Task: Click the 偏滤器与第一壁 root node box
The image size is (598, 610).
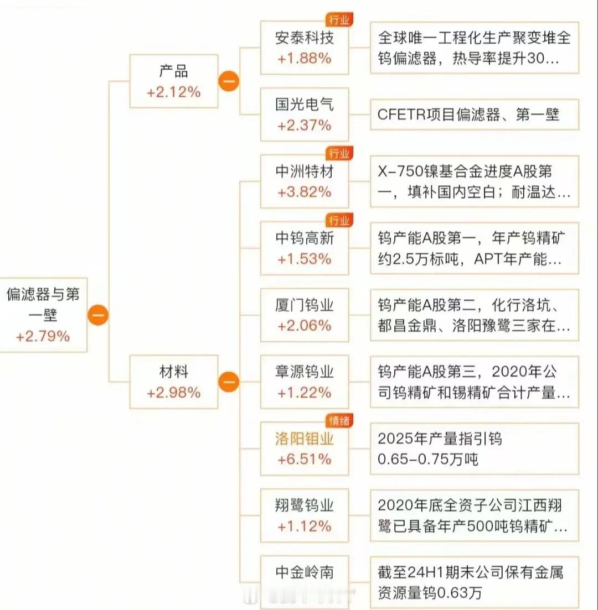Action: coord(43,314)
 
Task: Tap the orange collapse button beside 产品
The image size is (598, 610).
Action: coord(229,82)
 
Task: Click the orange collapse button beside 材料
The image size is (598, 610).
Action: coord(229,382)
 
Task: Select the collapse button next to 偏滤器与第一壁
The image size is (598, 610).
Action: coord(98,315)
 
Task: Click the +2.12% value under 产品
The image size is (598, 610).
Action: coord(173,92)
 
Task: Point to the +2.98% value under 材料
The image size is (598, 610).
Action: coord(173,393)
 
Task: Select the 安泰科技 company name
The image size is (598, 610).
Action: coord(305,38)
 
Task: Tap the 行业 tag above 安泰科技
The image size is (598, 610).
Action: coord(339,20)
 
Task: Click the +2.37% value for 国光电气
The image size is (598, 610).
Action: coord(305,126)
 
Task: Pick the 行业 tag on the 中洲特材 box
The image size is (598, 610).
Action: coord(339,154)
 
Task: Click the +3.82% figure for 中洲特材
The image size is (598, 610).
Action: coord(305,192)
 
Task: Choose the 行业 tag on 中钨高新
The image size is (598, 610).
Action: coord(339,221)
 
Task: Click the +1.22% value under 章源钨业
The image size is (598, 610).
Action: coord(305,393)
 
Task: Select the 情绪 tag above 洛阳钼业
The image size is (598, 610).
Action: coord(339,421)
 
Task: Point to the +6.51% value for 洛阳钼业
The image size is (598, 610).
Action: coord(305,459)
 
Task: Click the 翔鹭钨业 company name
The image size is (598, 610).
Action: coord(305,505)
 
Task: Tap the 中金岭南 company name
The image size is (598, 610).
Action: coord(305,572)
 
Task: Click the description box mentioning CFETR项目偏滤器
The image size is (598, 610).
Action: coord(474,114)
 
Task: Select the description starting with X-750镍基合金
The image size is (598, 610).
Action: coord(474,181)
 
